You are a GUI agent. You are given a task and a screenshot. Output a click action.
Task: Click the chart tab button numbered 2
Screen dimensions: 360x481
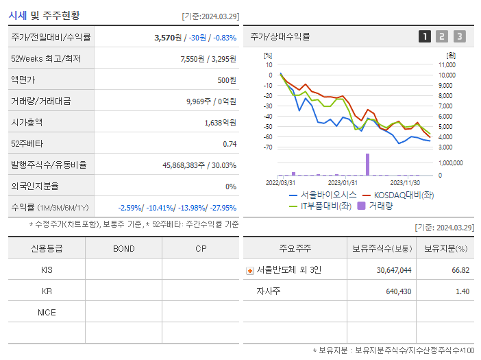pos(442,36)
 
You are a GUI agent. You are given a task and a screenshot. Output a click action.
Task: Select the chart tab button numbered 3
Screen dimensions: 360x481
pos(459,36)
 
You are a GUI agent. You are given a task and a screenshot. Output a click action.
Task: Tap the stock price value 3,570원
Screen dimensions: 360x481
pos(170,38)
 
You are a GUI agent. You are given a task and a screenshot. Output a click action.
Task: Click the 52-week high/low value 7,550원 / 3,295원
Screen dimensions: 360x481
pos(208,59)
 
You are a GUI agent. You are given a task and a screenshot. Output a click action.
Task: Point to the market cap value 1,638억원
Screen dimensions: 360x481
pos(220,123)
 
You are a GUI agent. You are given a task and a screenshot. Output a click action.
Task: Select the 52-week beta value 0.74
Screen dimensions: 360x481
pos(230,144)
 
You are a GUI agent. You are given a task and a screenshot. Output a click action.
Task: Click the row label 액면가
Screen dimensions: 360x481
pos(23,80)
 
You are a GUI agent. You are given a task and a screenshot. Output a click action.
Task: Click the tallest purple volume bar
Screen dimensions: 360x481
pos(367,165)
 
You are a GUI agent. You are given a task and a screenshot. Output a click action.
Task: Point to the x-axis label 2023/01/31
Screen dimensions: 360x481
pos(342,182)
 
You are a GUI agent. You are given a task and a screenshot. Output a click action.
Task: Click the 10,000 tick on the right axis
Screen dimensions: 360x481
pos(446,75)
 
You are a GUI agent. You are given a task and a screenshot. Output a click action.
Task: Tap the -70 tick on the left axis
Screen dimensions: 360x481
pos(269,147)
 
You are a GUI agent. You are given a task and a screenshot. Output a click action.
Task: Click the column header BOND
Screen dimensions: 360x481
pos(123,248)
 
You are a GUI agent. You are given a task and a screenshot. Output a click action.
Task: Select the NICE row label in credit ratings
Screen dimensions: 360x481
pos(47,312)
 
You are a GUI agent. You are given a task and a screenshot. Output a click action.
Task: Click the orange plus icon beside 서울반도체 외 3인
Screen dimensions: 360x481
pos(250,270)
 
